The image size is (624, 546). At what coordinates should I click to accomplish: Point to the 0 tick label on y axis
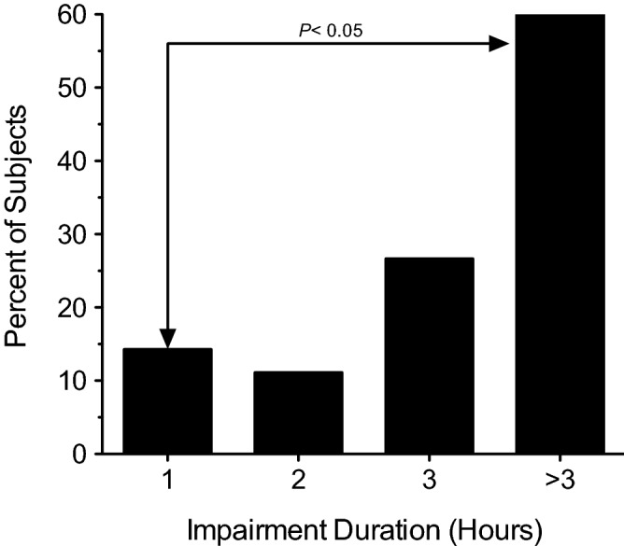82,455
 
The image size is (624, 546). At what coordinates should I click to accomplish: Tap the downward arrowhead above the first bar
167,337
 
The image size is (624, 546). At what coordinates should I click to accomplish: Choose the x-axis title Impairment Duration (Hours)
364,529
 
